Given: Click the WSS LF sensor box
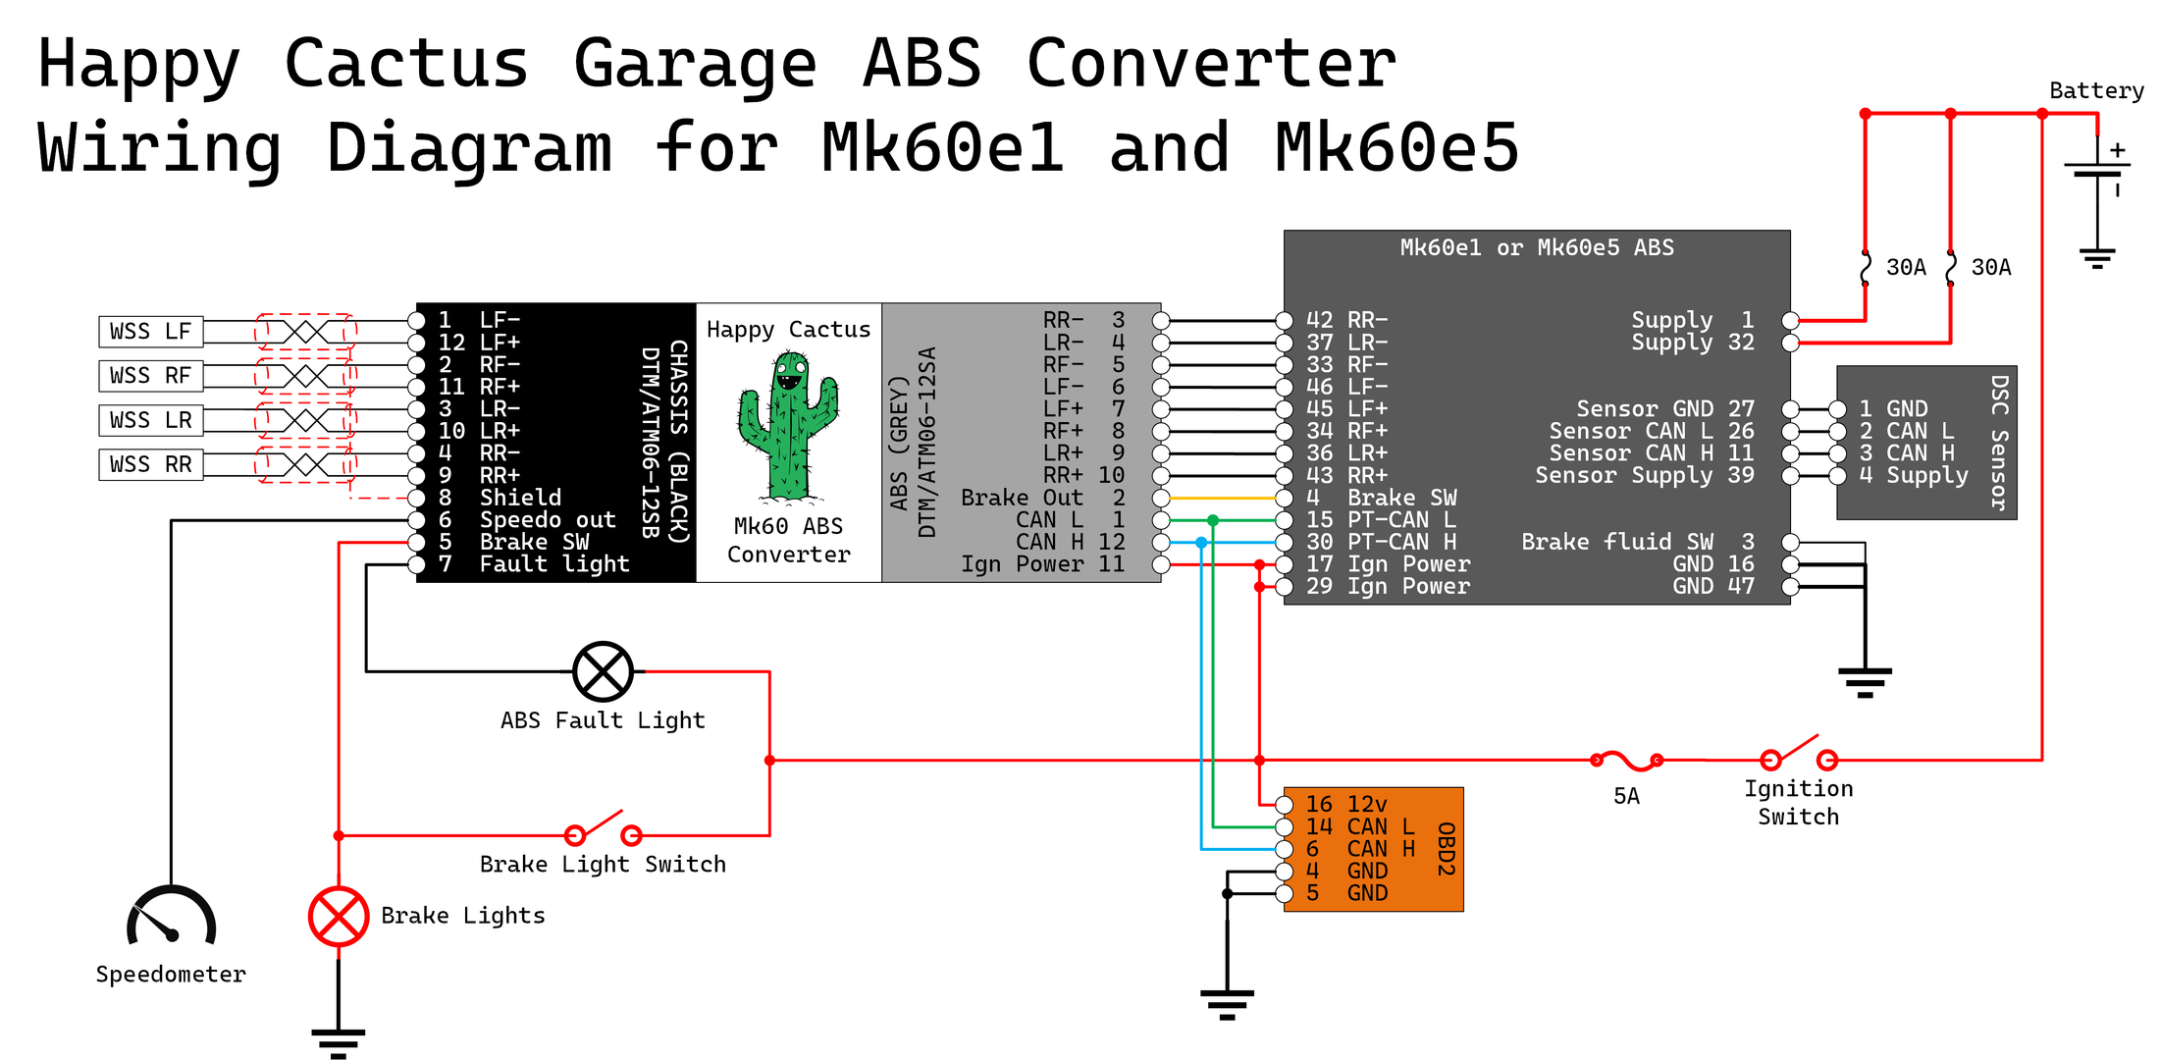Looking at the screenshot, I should click(150, 332).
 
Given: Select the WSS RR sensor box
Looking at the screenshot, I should click(150, 464).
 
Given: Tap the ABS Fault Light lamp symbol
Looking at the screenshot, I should click(603, 672).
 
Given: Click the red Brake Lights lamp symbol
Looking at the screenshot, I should click(339, 917).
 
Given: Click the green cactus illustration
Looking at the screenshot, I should click(788, 426).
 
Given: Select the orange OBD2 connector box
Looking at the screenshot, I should click(1373, 849).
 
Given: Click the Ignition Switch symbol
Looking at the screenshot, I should click(1798, 755).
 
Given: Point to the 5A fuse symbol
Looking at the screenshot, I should click(1626, 760).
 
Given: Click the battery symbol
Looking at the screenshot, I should click(2097, 172).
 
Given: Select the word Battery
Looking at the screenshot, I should click(2096, 91).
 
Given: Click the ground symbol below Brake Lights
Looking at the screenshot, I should click(339, 1040).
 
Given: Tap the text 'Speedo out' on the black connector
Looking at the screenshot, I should click(547, 520).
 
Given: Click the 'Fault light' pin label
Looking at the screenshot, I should click(553, 564).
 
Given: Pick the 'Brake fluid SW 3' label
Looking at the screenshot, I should click(1637, 542).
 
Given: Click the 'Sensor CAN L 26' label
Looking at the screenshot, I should click(1651, 431).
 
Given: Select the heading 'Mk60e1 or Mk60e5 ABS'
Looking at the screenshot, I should click(1537, 247).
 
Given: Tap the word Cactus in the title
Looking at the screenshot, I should click(406, 64).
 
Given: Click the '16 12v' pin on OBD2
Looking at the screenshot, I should click(1345, 805).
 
